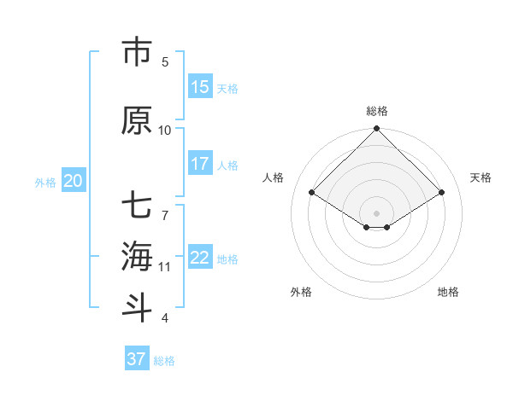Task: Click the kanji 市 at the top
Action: tap(137, 53)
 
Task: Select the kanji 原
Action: tap(137, 120)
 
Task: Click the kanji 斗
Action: tap(137, 307)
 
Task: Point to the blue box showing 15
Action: tap(200, 87)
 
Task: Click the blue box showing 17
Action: tap(200, 164)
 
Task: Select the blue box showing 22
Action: tap(200, 258)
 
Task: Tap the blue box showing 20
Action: tap(74, 181)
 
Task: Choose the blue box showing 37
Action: tap(137, 359)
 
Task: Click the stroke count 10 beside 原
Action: tap(165, 130)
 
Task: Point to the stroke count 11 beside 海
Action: tap(165, 266)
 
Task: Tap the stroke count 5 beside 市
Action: tap(165, 61)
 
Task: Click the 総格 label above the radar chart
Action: tap(377, 111)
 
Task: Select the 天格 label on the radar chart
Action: tap(481, 177)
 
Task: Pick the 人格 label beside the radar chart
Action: tap(274, 177)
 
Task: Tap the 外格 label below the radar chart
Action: tap(301, 292)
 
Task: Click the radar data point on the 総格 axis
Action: tap(377, 129)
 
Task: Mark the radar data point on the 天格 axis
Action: tap(442, 193)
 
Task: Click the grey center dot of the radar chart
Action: tap(377, 212)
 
